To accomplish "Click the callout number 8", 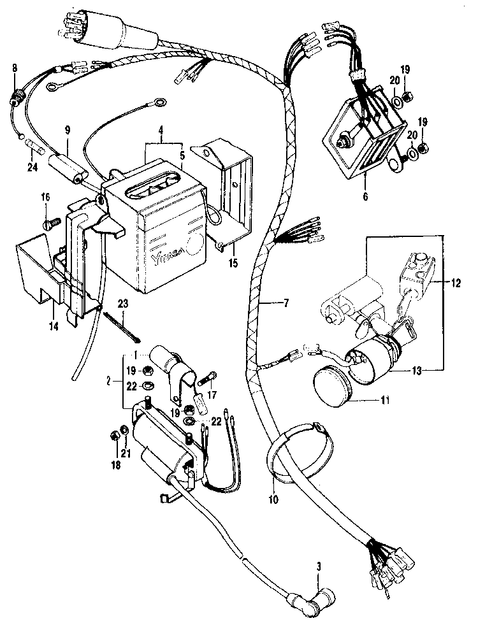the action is click(15, 68).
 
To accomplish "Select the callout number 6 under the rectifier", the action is click(365, 197).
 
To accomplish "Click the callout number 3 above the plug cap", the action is click(319, 566).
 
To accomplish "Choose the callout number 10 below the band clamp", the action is click(273, 499).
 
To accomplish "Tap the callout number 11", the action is click(384, 400).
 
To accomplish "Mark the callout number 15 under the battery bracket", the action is click(233, 263).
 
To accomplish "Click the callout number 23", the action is click(123, 303).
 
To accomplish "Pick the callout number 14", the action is click(54, 326).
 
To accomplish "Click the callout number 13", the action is click(417, 371).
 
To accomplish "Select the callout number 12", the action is click(456, 283).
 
